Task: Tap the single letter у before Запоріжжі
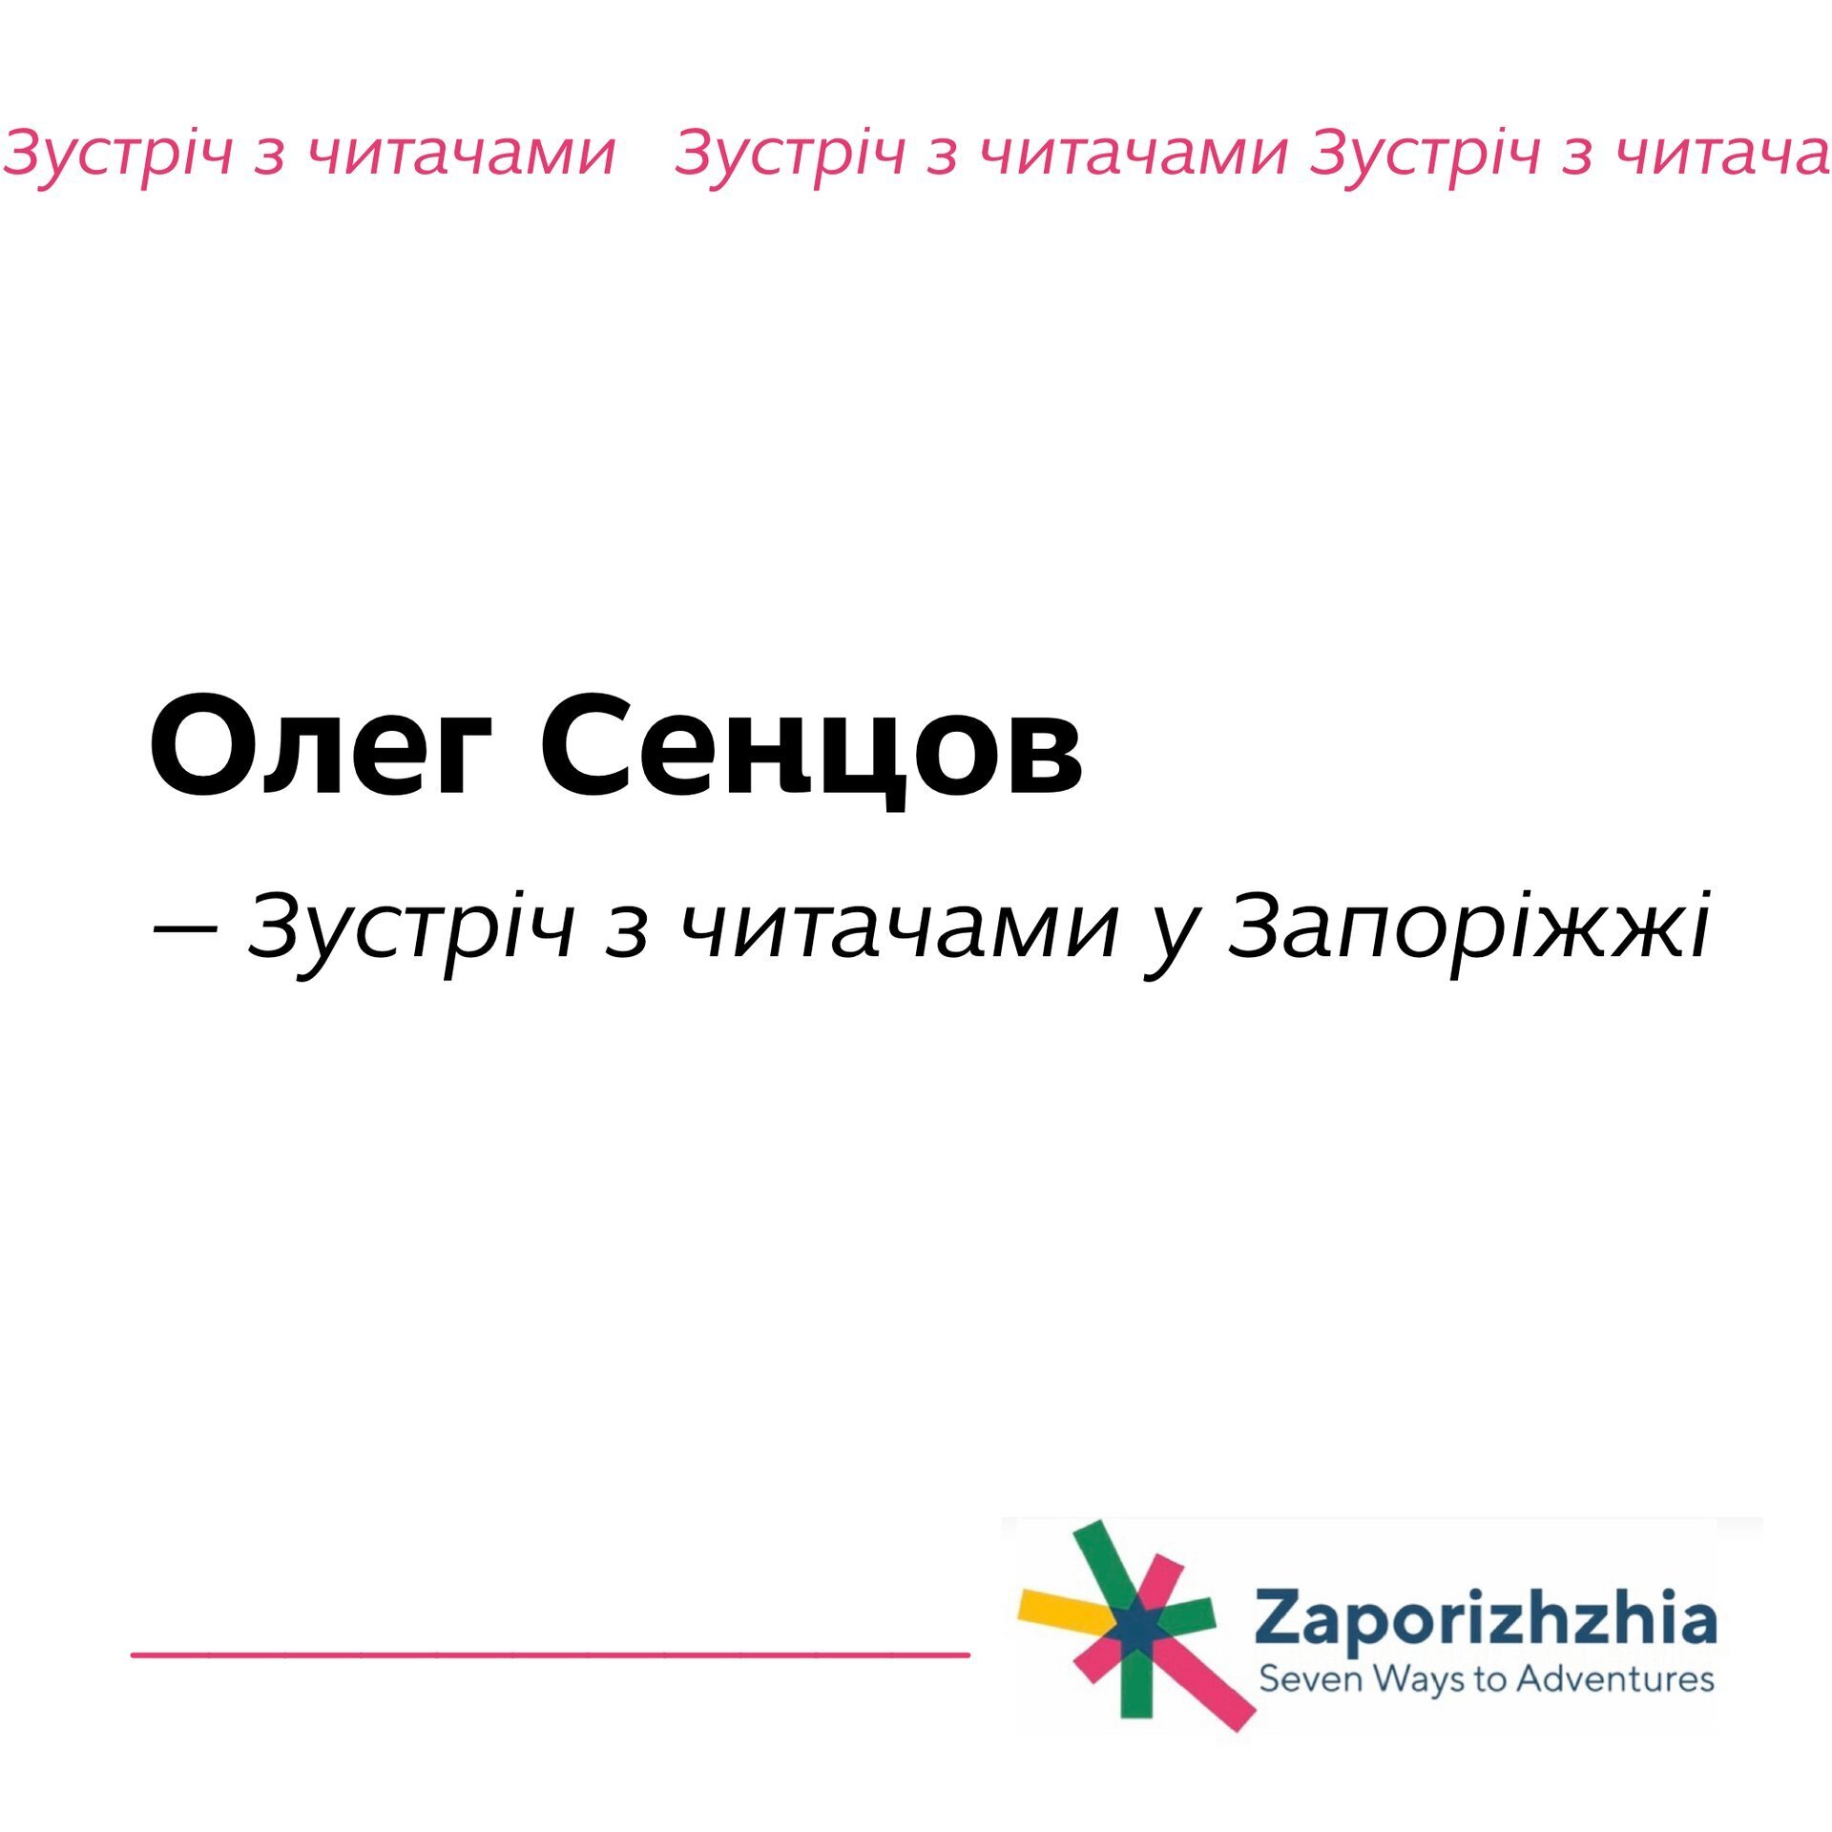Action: click(x=1169, y=940)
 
